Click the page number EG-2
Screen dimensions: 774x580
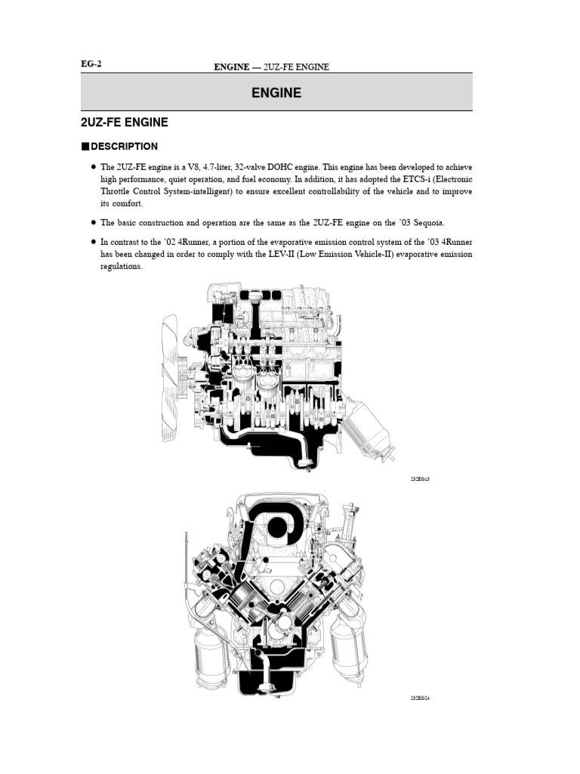pos(91,64)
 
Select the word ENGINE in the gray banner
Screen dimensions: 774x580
pos(276,93)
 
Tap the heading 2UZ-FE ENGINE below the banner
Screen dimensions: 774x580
pos(125,122)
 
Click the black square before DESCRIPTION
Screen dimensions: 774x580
pos(85,147)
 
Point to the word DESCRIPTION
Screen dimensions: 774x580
pos(125,147)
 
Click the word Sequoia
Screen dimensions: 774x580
pos(427,223)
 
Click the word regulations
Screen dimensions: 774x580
pos(121,267)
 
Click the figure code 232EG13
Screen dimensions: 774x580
pos(420,479)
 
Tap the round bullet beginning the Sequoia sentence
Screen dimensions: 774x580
pos(93,223)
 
